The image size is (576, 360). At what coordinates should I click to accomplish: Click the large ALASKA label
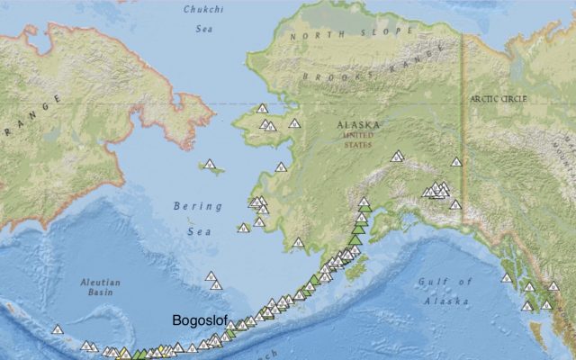359,126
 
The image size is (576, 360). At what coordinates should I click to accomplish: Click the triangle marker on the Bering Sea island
210,165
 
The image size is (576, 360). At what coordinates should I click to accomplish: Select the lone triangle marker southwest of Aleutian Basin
58,329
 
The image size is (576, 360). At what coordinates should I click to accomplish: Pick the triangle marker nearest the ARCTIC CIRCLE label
456,162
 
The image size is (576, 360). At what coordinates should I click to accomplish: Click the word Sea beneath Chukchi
203,29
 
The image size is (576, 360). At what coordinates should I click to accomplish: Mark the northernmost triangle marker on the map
263,108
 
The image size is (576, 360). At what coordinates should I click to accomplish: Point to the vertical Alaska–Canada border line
463,135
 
